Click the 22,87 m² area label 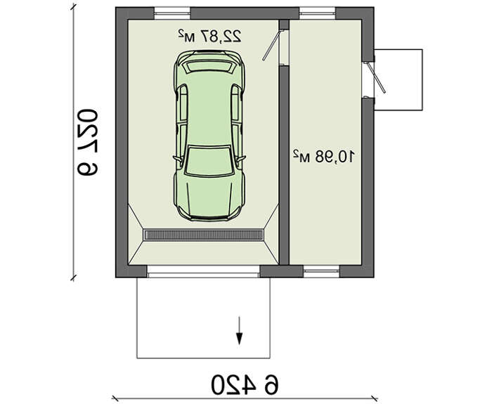(x=209, y=36)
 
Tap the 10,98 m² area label (x=324, y=157)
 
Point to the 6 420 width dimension (x=245, y=384)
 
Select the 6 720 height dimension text (x=87, y=142)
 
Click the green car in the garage (x=209, y=136)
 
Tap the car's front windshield (x=209, y=161)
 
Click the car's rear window (x=209, y=67)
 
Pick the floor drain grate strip (x=203, y=235)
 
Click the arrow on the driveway (x=240, y=331)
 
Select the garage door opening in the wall (x=203, y=271)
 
